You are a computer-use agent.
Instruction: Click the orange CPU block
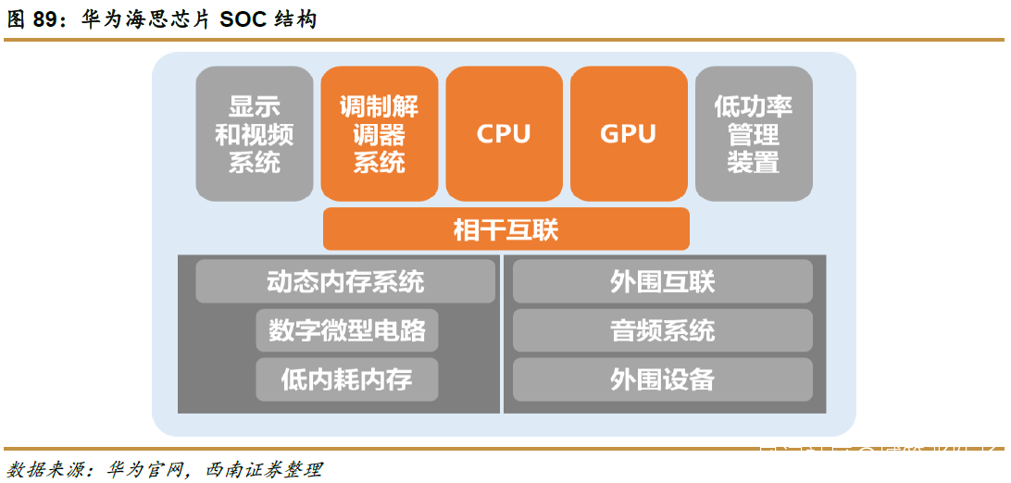pyautogui.click(x=504, y=133)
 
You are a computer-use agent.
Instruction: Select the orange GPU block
pyautogui.click(x=628, y=133)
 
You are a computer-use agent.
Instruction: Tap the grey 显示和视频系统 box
pyautogui.click(x=255, y=133)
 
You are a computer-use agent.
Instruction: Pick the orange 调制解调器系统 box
pyautogui.click(x=380, y=133)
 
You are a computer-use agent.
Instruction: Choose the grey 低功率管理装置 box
pyautogui.click(x=753, y=133)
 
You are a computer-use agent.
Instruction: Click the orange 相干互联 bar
pyautogui.click(x=505, y=229)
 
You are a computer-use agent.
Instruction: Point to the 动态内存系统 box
pyautogui.click(x=344, y=281)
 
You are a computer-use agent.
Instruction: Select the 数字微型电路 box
pyautogui.click(x=346, y=330)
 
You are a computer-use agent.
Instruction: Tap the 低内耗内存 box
pyautogui.click(x=346, y=378)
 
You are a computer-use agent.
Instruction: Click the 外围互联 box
pyautogui.click(x=662, y=281)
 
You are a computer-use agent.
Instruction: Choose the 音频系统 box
pyautogui.click(x=662, y=330)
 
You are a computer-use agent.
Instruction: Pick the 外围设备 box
pyautogui.click(x=662, y=378)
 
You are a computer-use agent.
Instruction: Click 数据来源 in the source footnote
pyautogui.click(x=42, y=469)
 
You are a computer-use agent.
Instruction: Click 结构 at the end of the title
pyautogui.click(x=296, y=19)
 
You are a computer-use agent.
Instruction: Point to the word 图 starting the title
pyautogui.click(x=16, y=19)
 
